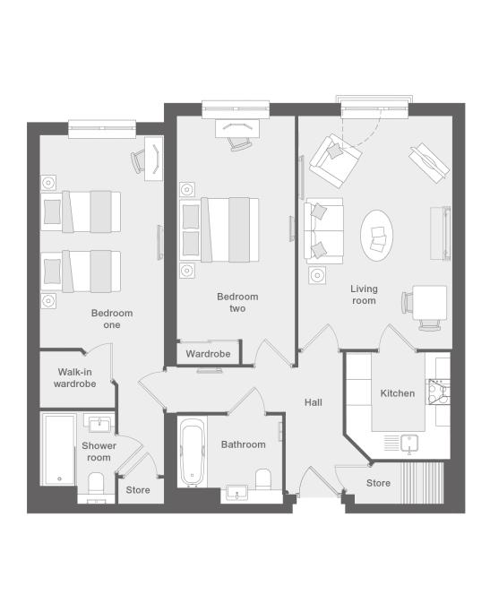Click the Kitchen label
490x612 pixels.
[397, 393]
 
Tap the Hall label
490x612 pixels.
[314, 402]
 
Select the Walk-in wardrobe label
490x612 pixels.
[75, 378]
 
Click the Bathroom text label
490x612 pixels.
[243, 444]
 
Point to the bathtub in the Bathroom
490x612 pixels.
[192, 452]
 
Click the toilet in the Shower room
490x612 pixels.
[96, 484]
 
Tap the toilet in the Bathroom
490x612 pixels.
[263, 479]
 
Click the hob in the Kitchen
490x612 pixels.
[438, 392]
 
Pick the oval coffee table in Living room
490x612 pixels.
[376, 236]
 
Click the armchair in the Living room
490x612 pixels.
[335, 160]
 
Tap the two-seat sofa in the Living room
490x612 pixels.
[323, 230]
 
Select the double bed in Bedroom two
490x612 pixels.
[219, 230]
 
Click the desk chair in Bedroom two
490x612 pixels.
[240, 144]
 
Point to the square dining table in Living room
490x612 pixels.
[429, 303]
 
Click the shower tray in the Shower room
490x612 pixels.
[58, 450]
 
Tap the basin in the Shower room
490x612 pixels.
[99, 424]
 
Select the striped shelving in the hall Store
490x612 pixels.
[423, 483]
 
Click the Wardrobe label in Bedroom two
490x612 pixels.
[208, 354]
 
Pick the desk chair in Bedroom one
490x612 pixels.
[137, 161]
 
